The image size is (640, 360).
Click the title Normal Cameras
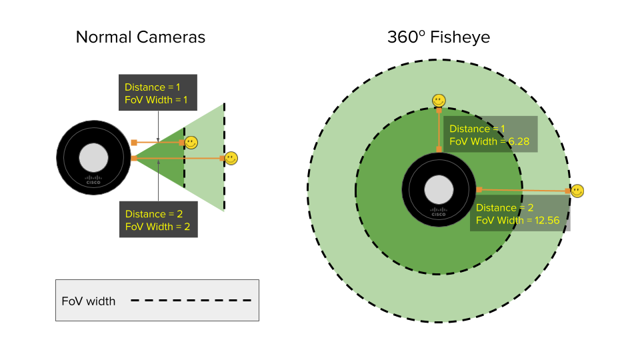tap(140, 37)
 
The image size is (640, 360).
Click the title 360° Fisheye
tap(439, 37)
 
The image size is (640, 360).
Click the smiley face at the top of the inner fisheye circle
tap(438, 100)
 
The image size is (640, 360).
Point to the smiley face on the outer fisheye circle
tap(577, 191)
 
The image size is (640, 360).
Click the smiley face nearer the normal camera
tap(191, 142)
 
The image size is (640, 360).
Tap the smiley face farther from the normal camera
tap(231, 158)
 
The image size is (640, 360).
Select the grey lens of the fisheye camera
tap(439, 189)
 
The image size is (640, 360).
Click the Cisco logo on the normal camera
tap(93, 179)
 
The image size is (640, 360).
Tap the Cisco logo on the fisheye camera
tap(439, 212)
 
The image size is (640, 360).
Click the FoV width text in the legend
tap(89, 301)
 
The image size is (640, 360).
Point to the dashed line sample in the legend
tap(191, 301)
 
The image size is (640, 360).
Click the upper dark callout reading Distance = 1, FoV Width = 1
tap(157, 93)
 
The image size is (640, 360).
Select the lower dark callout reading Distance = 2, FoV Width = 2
tap(157, 220)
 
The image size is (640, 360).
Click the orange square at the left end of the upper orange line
tap(134, 142)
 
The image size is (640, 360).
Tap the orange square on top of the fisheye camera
tap(439, 150)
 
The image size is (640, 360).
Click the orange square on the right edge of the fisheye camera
tap(478, 189)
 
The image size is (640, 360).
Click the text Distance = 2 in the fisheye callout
tap(505, 208)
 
